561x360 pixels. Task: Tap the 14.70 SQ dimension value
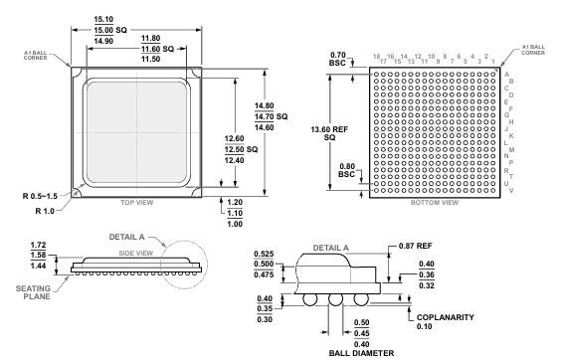click(295, 117)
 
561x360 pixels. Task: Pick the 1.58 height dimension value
click(41, 256)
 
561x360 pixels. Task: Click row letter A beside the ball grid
click(508, 74)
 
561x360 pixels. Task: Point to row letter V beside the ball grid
click(508, 191)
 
